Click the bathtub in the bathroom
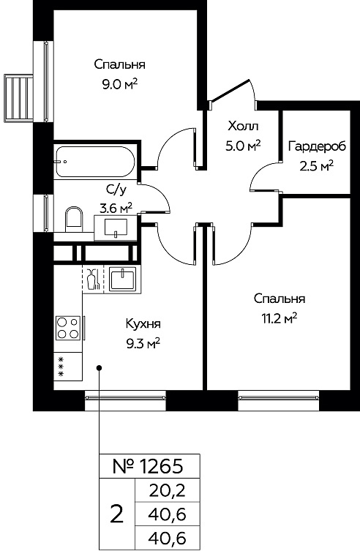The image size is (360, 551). [x=95, y=162]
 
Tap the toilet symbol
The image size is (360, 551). [x=74, y=219]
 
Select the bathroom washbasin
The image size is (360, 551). [x=116, y=228]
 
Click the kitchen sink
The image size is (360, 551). [x=122, y=279]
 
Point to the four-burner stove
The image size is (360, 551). [x=68, y=328]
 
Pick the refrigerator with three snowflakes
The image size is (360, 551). [x=68, y=367]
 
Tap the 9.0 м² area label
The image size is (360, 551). [x=120, y=84]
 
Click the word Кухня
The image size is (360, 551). [x=143, y=323]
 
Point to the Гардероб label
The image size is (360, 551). [x=317, y=146]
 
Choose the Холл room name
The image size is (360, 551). [x=243, y=125]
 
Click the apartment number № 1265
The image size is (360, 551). [x=148, y=466]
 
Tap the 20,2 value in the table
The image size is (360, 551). [x=167, y=490]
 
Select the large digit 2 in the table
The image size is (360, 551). [x=116, y=514]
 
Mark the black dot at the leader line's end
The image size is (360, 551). [x=100, y=368]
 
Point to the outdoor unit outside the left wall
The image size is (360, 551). [x=18, y=98]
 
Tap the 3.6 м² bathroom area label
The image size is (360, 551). [x=116, y=209]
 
